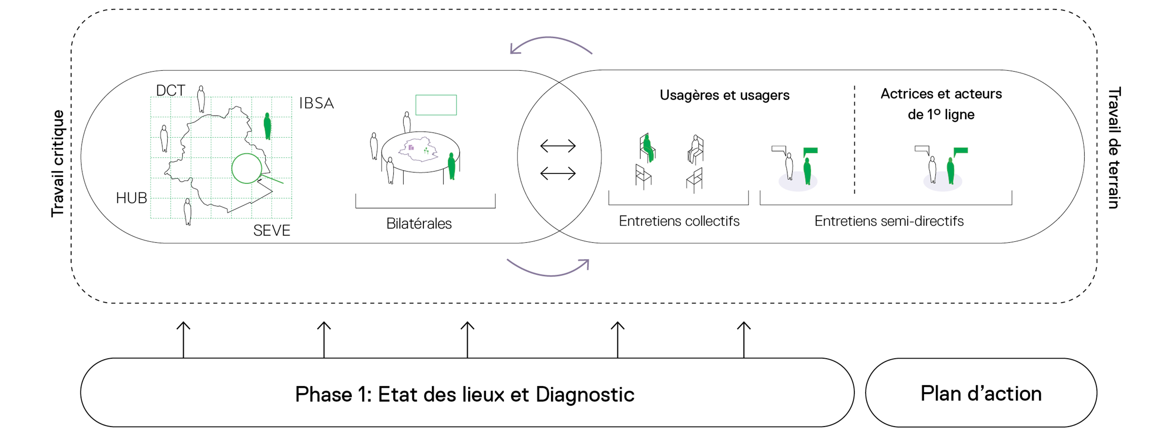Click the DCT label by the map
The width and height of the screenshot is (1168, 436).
click(171, 91)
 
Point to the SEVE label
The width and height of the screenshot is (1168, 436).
click(272, 230)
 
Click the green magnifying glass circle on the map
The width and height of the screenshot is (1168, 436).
click(247, 168)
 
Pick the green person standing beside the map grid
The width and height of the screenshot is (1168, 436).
click(268, 126)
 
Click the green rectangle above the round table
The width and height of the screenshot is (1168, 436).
click(436, 105)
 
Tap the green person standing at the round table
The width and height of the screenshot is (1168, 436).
click(451, 166)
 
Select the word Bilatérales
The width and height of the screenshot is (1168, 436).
click(419, 224)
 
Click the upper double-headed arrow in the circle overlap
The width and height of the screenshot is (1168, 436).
click(558, 146)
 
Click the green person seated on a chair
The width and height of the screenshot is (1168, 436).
click(648, 148)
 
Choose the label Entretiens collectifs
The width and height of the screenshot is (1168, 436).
click(679, 221)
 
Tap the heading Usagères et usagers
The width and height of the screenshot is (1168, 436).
click(724, 95)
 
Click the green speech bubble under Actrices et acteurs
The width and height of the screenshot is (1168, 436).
click(960, 151)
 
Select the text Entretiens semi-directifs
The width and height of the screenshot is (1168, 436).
click(889, 221)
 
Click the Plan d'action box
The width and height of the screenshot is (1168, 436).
click(981, 393)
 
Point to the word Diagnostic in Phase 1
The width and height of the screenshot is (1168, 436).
click(585, 394)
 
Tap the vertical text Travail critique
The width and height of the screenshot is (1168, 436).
click(58, 163)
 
